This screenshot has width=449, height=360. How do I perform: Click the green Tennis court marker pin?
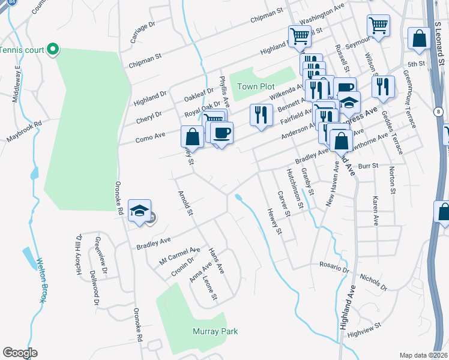[x=53, y=49]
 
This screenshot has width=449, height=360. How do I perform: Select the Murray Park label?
[x=215, y=331]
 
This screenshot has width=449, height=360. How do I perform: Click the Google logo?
[x=20, y=353]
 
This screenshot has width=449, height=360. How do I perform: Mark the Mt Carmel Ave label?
[x=179, y=256]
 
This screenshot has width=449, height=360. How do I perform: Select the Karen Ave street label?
[x=376, y=210]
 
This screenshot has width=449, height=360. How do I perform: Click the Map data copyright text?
[x=424, y=355]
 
